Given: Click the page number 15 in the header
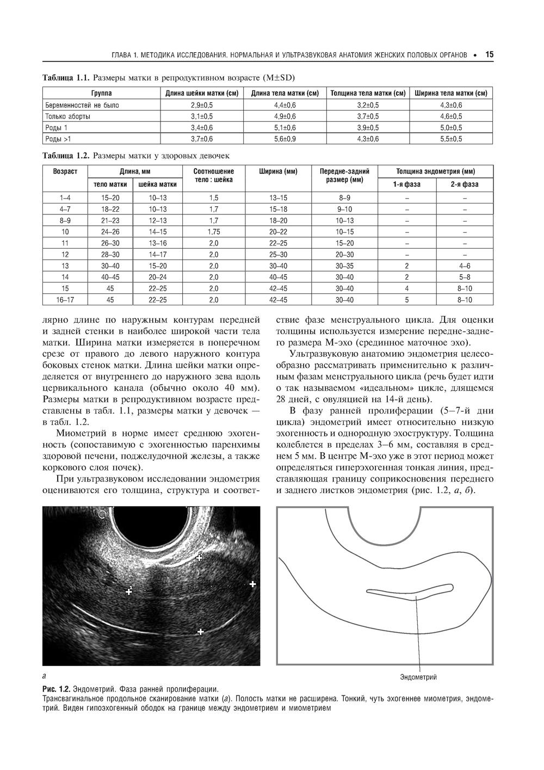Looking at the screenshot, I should pos(490,55).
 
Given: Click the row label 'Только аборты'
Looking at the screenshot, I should pos(68,116).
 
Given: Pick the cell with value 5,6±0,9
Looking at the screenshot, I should pos(285,139).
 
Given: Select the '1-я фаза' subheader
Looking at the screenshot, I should pos(406,184).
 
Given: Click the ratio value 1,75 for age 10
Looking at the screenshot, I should pos(213,231).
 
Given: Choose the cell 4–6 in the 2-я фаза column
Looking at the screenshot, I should pos(464,266).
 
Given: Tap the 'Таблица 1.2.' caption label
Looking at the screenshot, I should pos(65,156).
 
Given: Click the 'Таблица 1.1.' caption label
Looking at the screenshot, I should pos(65,77).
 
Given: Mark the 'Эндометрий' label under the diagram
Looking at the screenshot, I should pos(418,677).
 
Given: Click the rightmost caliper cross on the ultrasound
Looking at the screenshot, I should pos(252,584).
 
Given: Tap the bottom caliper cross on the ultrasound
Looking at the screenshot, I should pos(200,632).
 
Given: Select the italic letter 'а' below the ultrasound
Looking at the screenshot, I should pos(44,676).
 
